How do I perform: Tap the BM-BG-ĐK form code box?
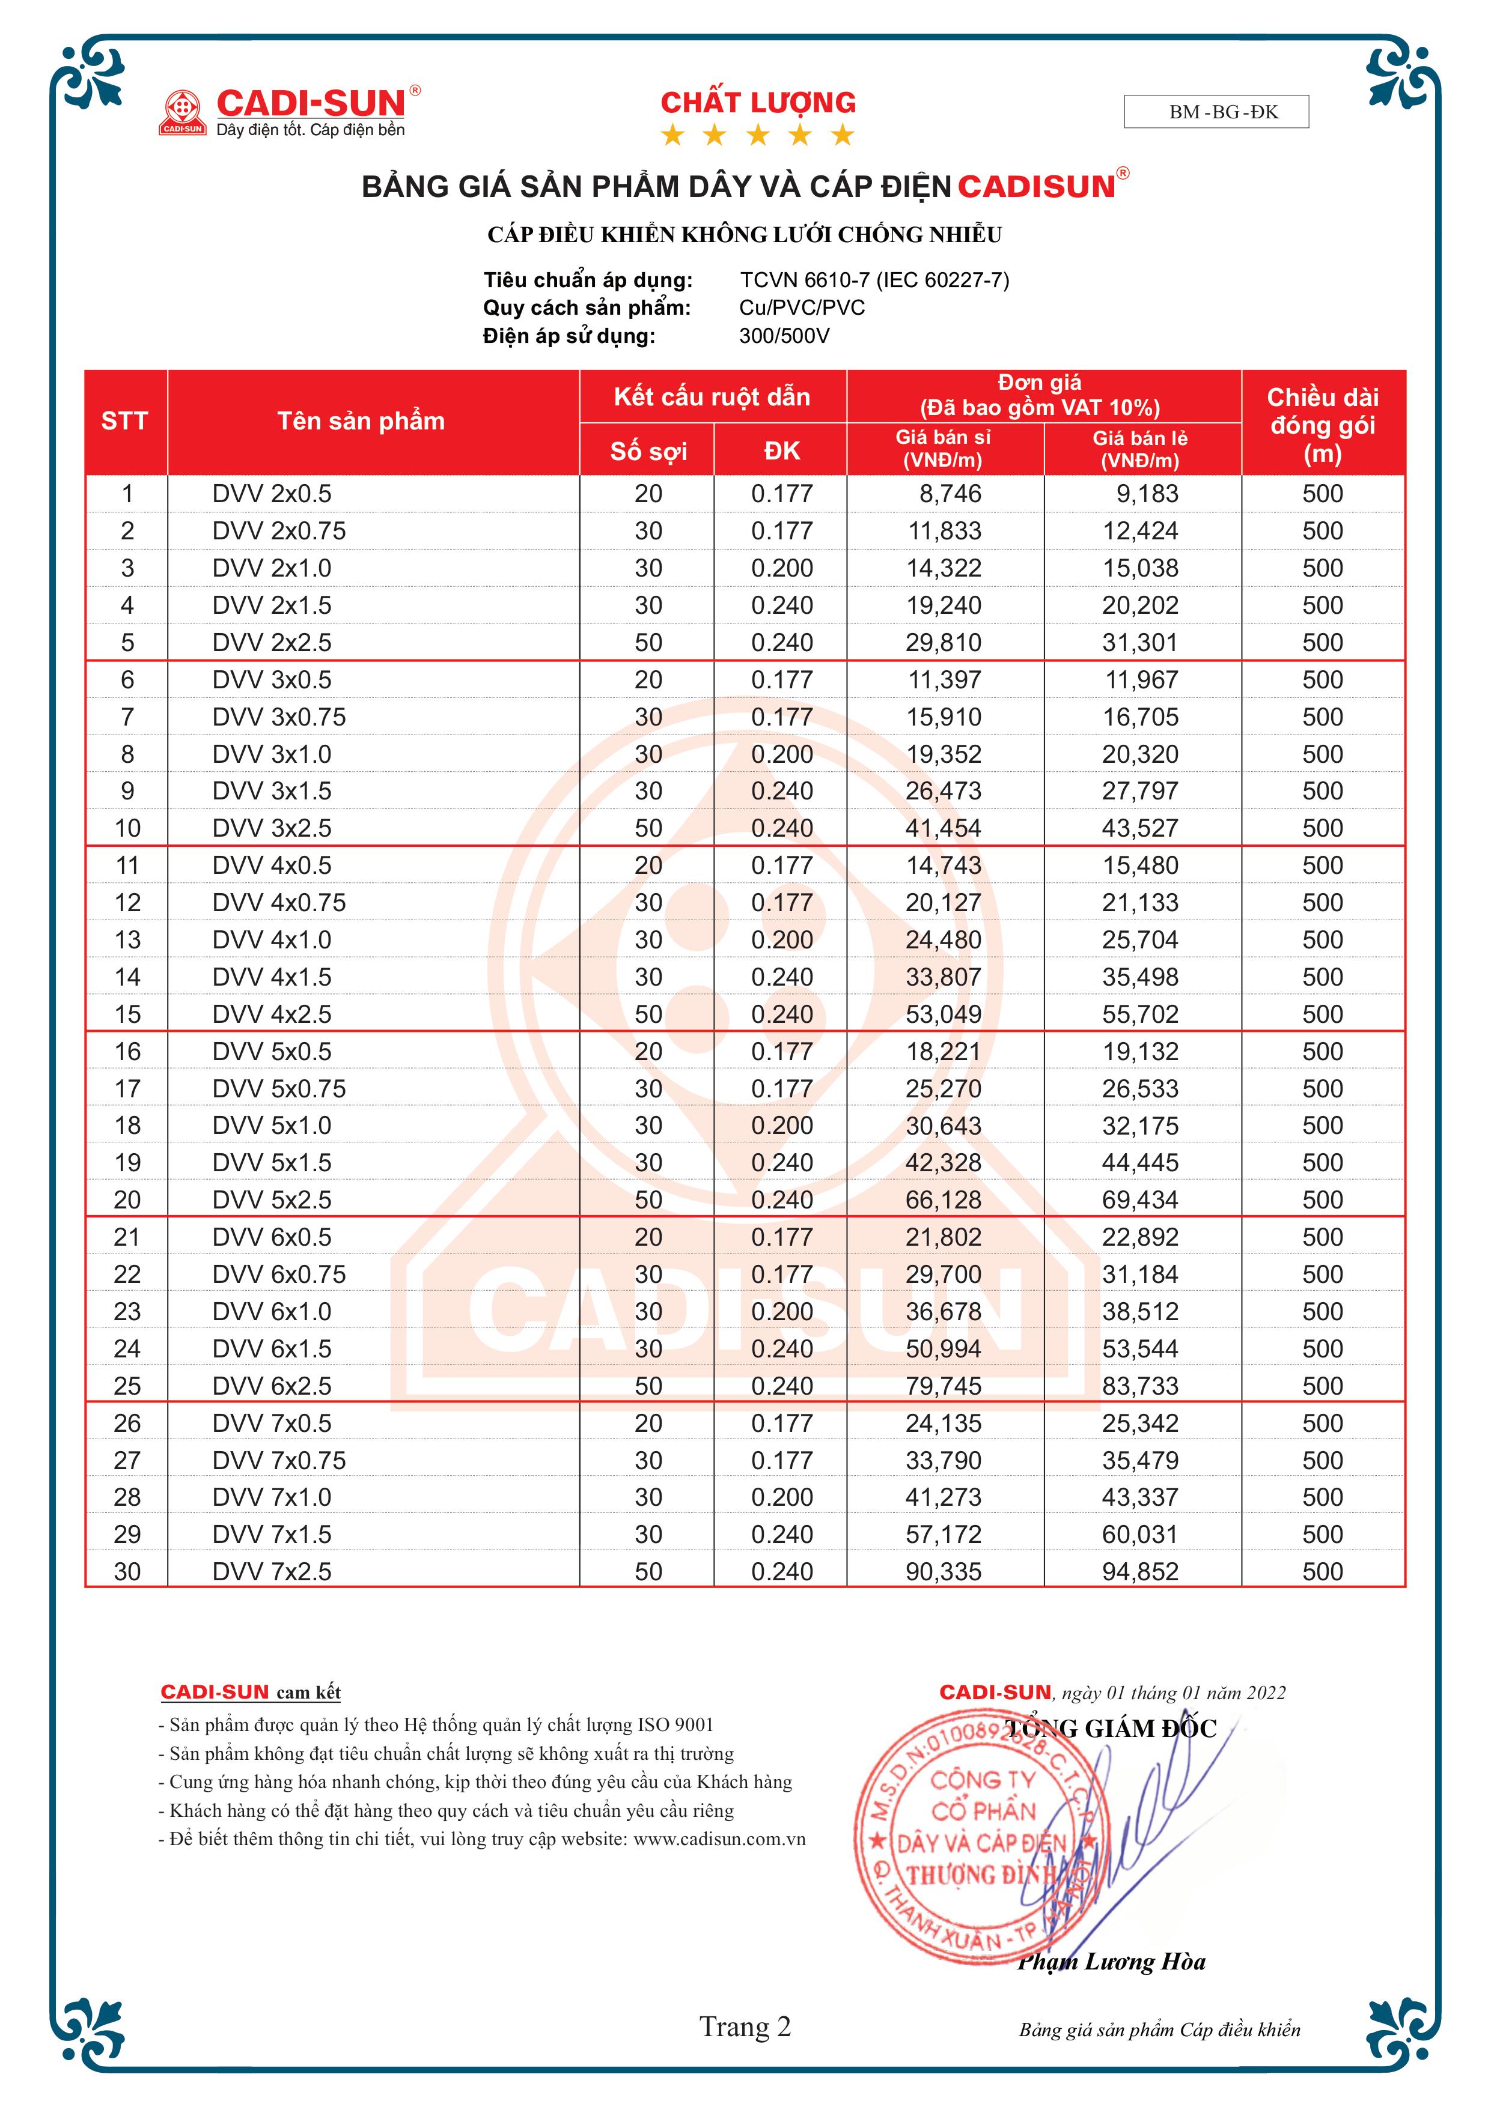[x=1216, y=112]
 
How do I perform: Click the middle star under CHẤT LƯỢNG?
[x=757, y=136]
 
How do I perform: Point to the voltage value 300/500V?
[x=784, y=336]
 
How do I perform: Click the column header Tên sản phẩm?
[x=361, y=421]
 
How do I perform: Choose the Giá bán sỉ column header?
[x=943, y=449]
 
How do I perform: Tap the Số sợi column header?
[x=648, y=450]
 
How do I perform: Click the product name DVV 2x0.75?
[x=279, y=530]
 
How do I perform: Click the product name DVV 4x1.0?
[x=272, y=940]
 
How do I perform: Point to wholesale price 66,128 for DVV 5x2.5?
[x=943, y=1199]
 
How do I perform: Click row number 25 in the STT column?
[x=127, y=1386]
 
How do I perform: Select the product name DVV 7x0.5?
[x=272, y=1423]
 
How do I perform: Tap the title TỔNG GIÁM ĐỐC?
[x=1111, y=1729]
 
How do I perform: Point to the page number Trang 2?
[x=745, y=2027]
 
